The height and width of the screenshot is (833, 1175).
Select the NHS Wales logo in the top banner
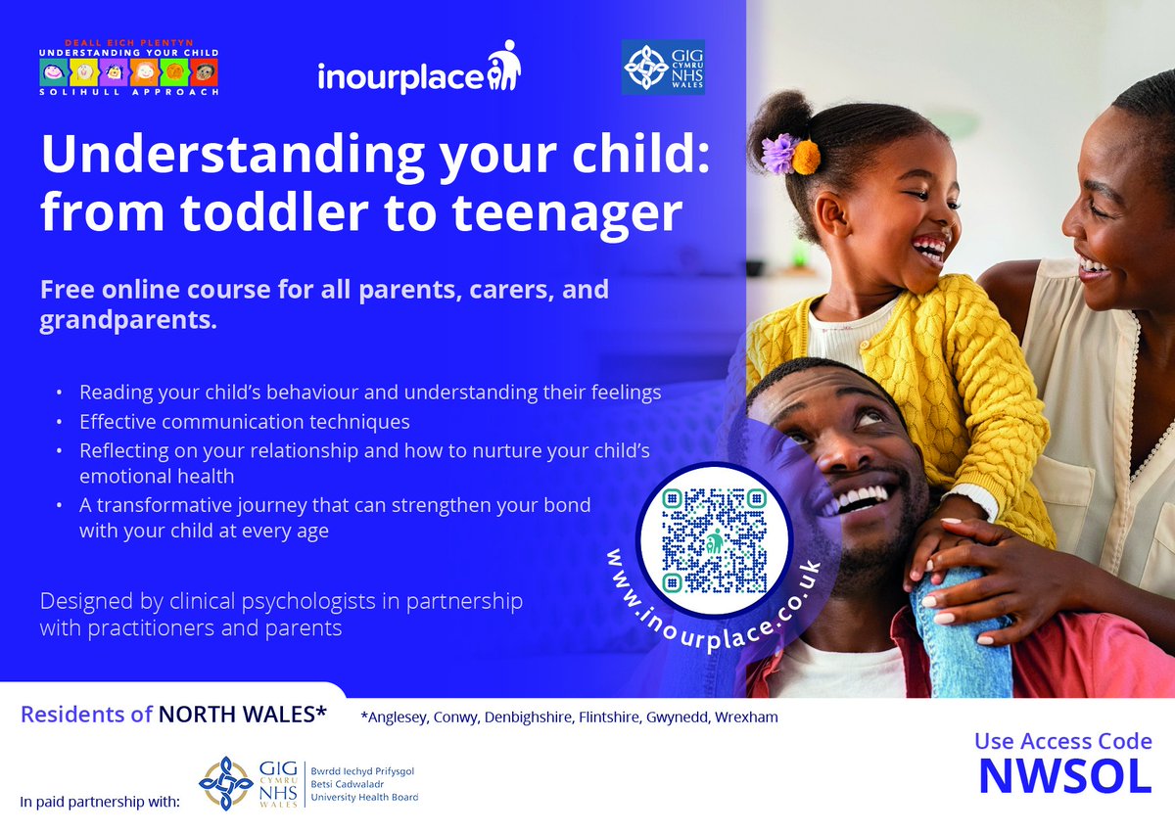coord(663,68)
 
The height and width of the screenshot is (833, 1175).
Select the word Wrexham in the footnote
coord(746,717)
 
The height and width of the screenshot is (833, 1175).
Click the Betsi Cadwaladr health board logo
coord(307,784)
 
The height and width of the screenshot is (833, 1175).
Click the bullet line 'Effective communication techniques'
coord(245,422)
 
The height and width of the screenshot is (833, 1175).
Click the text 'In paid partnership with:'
coord(100,803)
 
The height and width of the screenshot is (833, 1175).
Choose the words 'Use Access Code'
coord(1062,742)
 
